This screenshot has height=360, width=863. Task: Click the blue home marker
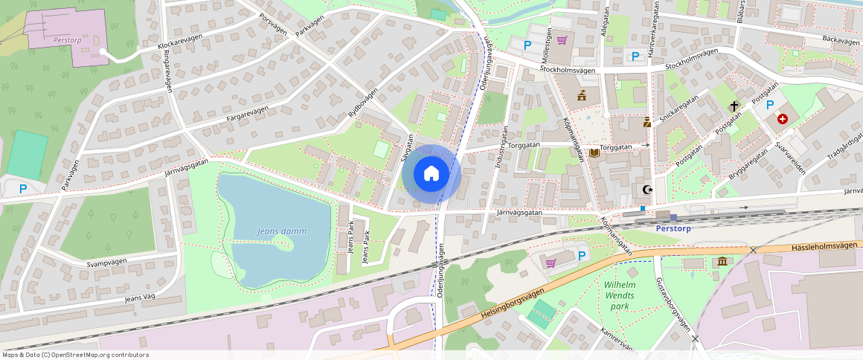(431, 174)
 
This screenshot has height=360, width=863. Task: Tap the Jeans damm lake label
(281, 231)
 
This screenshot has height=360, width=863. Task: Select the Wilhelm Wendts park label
(619, 295)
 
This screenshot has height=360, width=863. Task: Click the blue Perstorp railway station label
(673, 228)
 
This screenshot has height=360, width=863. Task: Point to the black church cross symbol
(734, 106)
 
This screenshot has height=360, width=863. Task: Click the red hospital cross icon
(783, 118)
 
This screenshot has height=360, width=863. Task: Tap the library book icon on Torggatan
(594, 153)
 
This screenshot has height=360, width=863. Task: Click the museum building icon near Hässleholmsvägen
(722, 261)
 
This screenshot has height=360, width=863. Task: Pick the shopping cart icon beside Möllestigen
(562, 40)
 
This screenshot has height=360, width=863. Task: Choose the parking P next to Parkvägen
(23, 189)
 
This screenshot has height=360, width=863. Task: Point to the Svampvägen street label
(106, 263)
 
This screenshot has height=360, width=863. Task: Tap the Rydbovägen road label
(363, 103)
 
